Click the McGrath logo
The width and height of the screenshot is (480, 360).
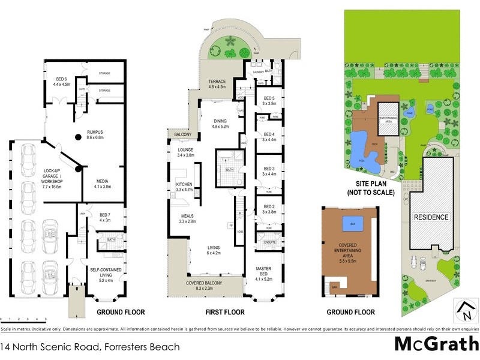coord(436,344)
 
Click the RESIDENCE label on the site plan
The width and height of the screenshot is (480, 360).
coord(431,217)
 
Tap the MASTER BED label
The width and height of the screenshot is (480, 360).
coord(265,272)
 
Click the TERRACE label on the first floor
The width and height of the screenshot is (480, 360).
coord(217,84)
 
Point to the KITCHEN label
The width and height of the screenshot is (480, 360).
coord(184,187)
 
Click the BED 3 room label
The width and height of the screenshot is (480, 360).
coord(268,170)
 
